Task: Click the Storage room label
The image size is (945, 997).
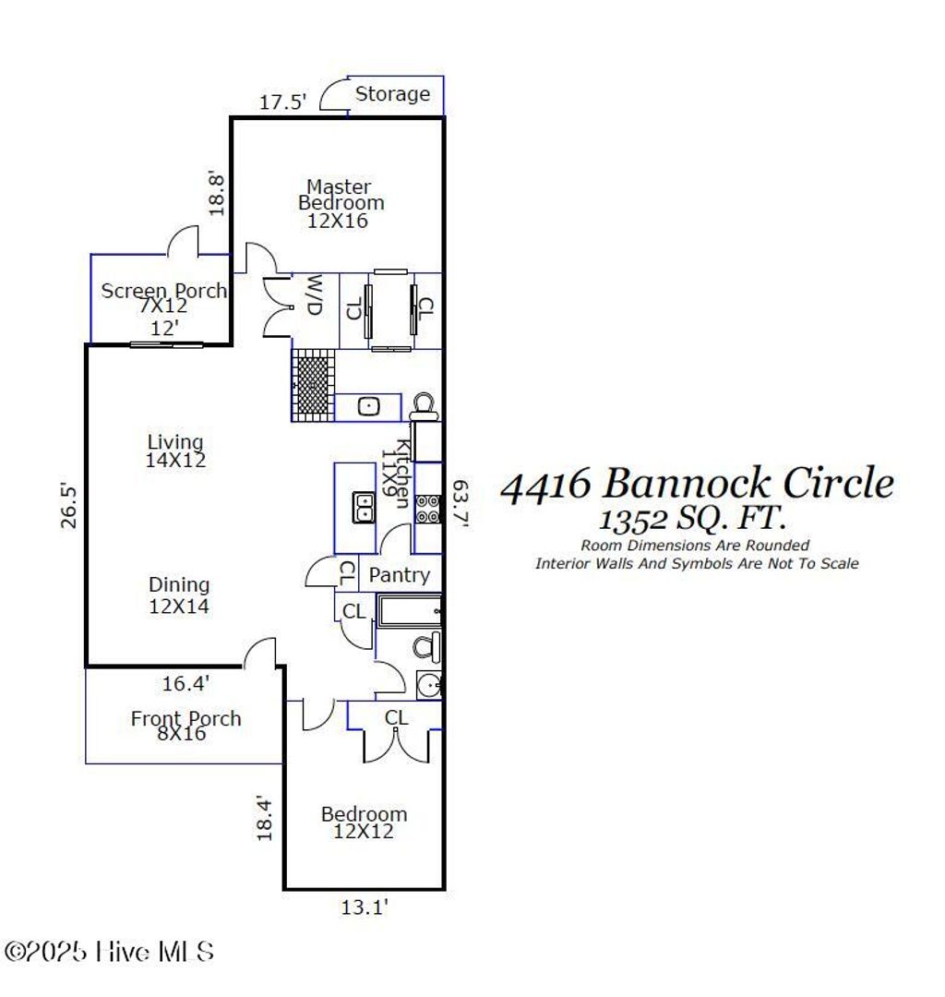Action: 392,94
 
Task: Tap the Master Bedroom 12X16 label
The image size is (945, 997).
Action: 340,204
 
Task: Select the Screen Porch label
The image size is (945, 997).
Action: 162,292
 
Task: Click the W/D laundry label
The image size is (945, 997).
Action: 315,295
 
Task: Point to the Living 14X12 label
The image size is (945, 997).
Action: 174,450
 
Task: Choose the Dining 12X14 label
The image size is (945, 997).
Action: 179,595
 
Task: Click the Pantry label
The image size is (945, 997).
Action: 399,575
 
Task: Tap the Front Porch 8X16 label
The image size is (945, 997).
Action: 185,726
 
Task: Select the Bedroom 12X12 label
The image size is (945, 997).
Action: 364,823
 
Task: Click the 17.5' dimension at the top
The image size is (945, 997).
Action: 282,102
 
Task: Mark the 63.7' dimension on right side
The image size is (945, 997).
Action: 460,503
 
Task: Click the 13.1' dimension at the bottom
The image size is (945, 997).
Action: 365,908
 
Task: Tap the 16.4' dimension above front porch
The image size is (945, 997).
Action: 185,684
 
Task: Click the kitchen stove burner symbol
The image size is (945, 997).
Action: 427,508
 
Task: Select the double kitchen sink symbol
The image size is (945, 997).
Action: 363,507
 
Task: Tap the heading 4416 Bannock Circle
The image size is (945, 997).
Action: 697,484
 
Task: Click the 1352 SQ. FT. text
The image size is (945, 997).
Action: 696,519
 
